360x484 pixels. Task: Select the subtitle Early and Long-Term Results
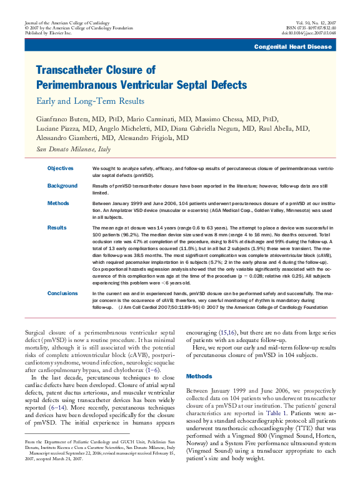click(x=91, y=100)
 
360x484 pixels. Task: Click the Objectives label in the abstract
click(x=61, y=168)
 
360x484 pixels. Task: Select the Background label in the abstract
click(x=62, y=186)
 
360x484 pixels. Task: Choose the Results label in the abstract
click(x=57, y=228)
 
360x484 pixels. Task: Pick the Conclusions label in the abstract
click(x=63, y=293)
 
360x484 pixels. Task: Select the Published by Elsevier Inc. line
click(x=48, y=33)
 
